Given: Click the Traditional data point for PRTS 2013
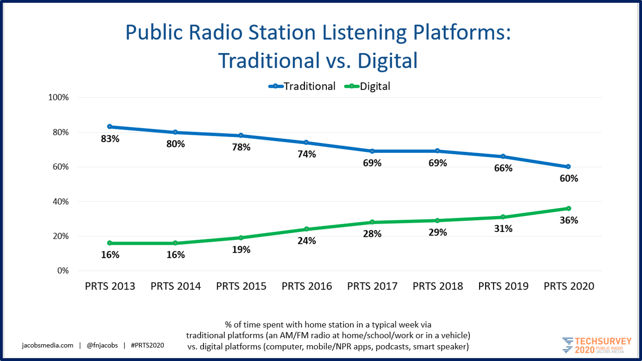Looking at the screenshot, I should [x=110, y=126].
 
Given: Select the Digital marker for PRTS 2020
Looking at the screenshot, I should [x=569, y=208].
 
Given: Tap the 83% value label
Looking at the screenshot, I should [x=110, y=138].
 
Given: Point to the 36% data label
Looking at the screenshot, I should [x=569, y=220].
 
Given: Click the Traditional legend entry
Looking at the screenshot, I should [x=303, y=86].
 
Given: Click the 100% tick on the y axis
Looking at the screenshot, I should [x=58, y=98].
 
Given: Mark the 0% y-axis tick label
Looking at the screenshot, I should [x=62, y=271].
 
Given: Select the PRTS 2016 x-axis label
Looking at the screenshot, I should [x=307, y=286].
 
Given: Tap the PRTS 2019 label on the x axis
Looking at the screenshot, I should [x=503, y=286].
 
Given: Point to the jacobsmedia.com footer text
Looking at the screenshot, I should [x=48, y=345].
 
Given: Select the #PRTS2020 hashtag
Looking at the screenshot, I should [x=147, y=345].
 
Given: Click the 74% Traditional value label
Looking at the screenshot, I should [x=307, y=154].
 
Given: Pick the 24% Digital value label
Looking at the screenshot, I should [x=307, y=241].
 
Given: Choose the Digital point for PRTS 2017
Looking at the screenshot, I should [x=372, y=222].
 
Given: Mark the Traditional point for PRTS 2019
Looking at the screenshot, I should [x=503, y=156].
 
